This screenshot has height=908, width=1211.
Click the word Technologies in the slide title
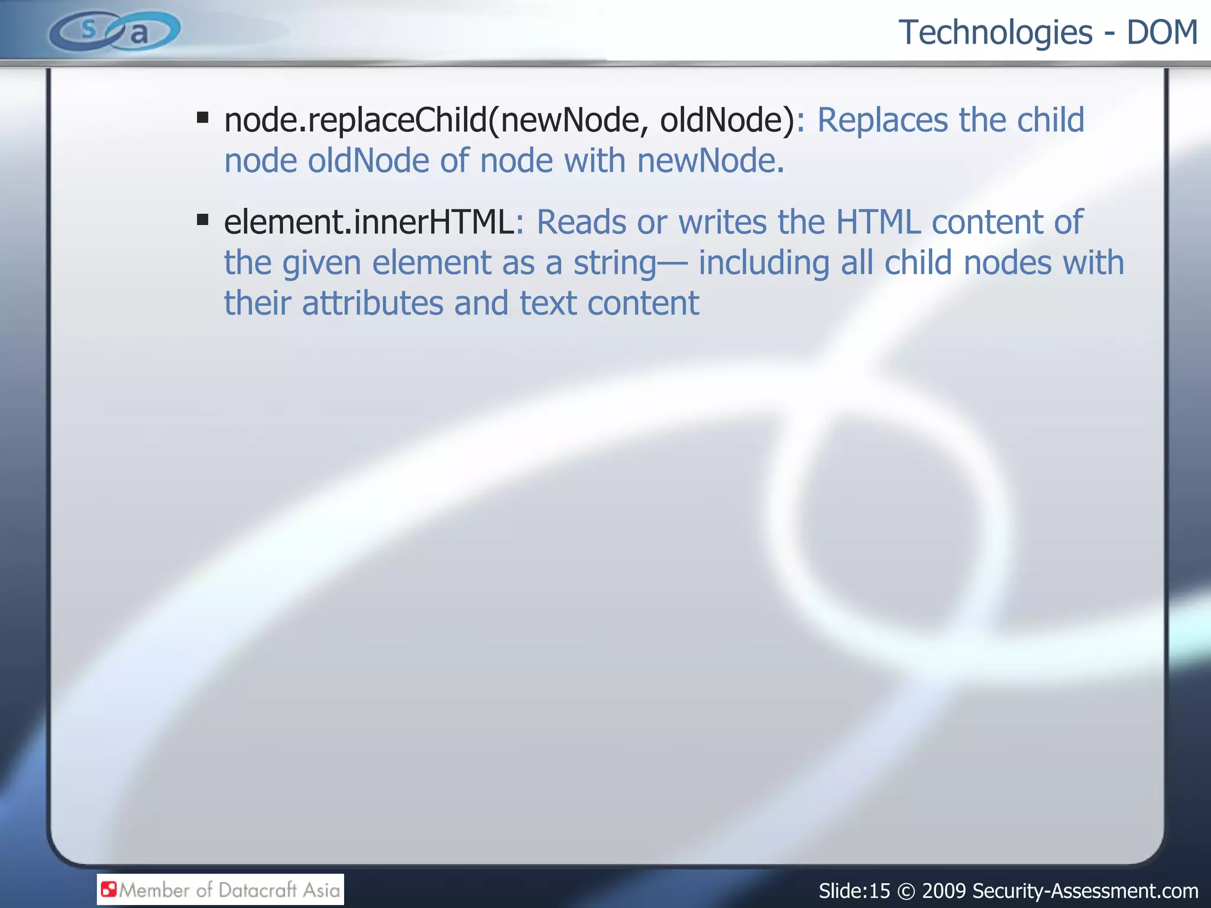tap(995, 33)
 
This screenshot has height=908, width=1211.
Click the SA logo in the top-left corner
tap(115, 31)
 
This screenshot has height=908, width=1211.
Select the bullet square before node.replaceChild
tap(203, 117)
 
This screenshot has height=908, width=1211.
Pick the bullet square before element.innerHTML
tap(203, 220)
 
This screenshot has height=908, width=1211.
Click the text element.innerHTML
tap(369, 222)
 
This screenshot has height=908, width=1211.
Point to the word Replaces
tap(882, 121)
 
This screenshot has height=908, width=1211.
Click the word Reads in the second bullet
tap(581, 222)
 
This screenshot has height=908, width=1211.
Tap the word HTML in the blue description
tap(878, 222)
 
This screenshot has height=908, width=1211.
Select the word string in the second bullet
tap(614, 264)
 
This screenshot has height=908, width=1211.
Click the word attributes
tap(373, 304)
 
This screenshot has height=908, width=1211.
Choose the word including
tap(763, 264)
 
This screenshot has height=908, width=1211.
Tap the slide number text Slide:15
tap(854, 891)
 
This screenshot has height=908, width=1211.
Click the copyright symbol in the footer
tap(906, 891)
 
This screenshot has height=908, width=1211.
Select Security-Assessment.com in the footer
tap(1085, 891)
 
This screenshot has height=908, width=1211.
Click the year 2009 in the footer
tap(944, 891)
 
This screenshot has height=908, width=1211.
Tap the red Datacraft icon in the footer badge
tap(109, 889)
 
